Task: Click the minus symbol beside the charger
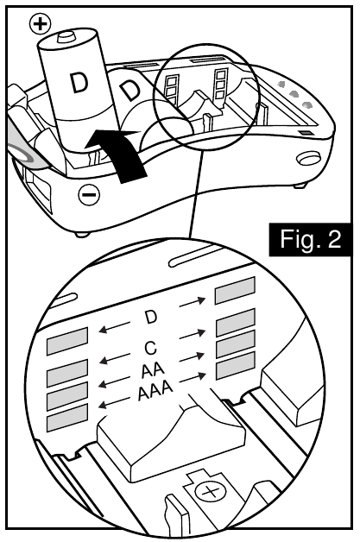pos(88,196)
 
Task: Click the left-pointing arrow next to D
pos(116,329)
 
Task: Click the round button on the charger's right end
pos(306,163)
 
